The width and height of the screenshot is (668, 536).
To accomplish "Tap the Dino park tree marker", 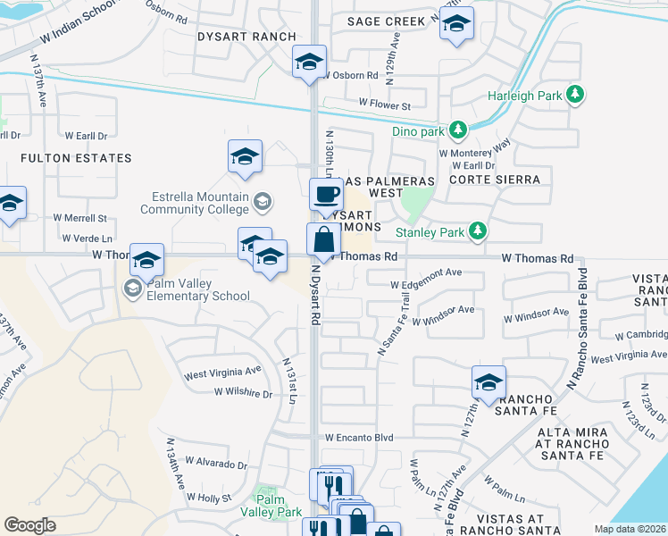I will point(458,131).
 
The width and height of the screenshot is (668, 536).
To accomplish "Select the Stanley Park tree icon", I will point(478,232).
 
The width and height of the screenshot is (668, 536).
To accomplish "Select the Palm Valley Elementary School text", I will point(194,289).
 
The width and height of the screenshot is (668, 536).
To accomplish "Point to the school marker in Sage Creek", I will point(456,24).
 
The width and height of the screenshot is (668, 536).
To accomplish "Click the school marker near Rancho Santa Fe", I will point(488,383).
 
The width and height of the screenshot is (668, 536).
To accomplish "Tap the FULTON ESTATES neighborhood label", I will point(76,158).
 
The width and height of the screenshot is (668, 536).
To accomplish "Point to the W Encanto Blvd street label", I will point(359,438).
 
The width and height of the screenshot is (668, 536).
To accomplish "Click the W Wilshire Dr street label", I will point(243,392).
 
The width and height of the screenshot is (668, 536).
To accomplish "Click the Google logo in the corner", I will point(30,524).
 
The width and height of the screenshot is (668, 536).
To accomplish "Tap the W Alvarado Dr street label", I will point(218,465).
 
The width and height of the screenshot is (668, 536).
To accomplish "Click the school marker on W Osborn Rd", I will point(309,63).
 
